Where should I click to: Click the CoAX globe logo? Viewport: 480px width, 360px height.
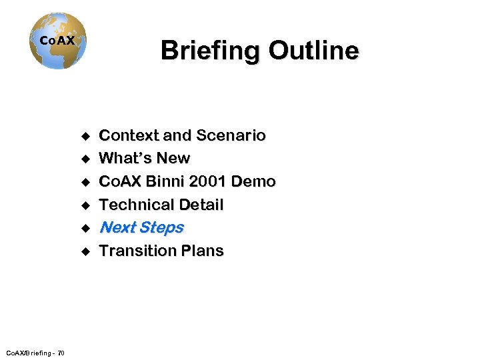58,41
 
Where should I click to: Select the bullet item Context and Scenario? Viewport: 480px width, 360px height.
182,135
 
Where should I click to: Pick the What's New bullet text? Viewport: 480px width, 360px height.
145,159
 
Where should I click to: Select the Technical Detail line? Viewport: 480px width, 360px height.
161,205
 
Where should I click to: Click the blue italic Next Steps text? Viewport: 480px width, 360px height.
141,228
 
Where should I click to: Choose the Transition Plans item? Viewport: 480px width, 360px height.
161,251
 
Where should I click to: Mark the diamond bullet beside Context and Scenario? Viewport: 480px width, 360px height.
85,136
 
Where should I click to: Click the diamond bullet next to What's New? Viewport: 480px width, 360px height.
85,159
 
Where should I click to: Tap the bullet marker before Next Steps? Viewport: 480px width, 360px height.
85,229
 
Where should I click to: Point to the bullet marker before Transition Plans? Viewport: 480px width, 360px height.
85,252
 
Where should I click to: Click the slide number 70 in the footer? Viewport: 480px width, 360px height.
61,353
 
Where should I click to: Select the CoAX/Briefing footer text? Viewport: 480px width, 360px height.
27,353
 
